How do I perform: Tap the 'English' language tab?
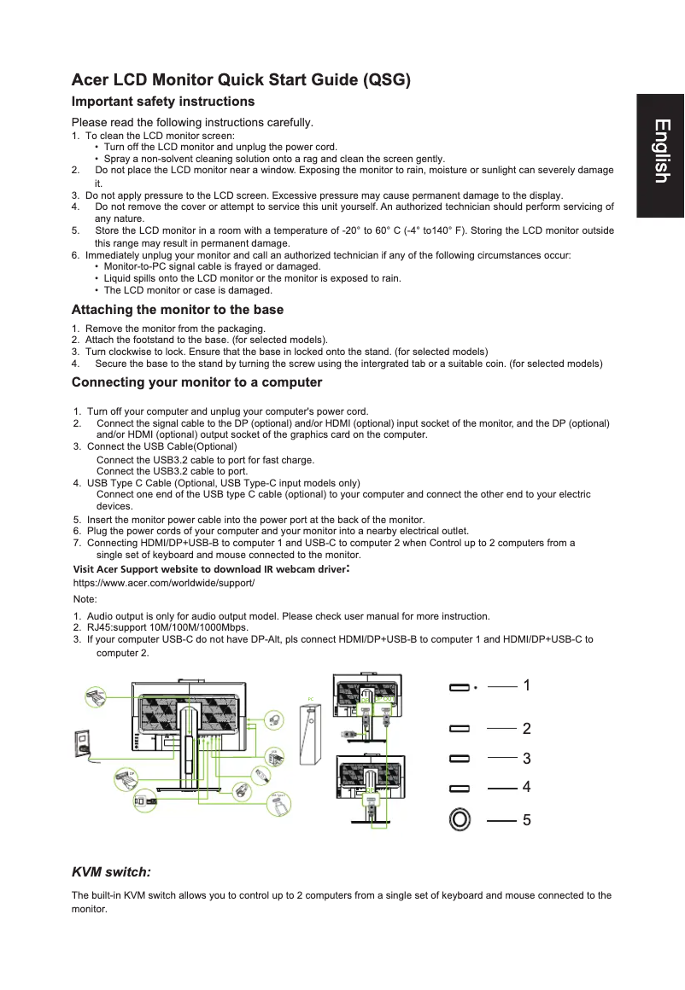(x=660, y=152)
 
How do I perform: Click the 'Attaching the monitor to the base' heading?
(x=178, y=310)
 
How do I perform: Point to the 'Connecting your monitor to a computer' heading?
(x=196, y=382)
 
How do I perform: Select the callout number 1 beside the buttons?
(x=527, y=685)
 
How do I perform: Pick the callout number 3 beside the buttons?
(x=527, y=758)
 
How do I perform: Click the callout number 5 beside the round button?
(x=527, y=820)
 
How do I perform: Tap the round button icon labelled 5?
(x=460, y=819)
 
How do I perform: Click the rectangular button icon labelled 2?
(x=460, y=729)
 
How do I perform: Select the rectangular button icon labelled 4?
(x=460, y=788)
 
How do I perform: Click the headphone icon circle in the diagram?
(x=274, y=720)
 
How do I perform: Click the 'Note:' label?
(x=85, y=600)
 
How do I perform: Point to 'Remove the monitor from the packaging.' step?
(x=175, y=329)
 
